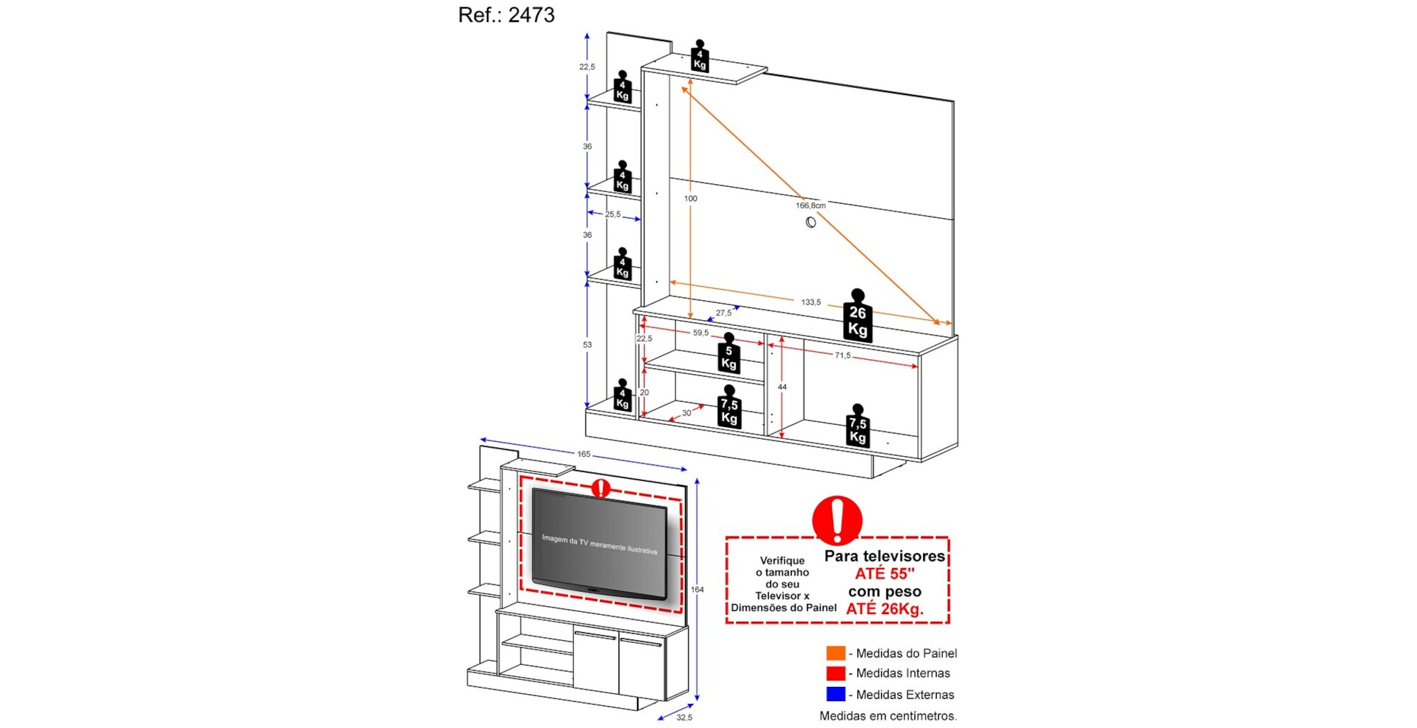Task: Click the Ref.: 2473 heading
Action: pyautogui.click(x=506, y=15)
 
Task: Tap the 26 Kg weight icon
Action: pyautogui.click(x=857, y=315)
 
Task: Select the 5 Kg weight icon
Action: pyautogui.click(x=728, y=353)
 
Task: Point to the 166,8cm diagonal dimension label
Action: pyautogui.click(x=811, y=205)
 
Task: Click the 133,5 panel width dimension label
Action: pyautogui.click(x=811, y=302)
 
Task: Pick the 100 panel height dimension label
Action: pyautogui.click(x=691, y=199)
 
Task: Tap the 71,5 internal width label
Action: pyautogui.click(x=842, y=356)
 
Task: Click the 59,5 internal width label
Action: pyautogui.click(x=701, y=333)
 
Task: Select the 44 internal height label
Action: pyautogui.click(x=782, y=387)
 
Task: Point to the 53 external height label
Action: pyautogui.click(x=587, y=345)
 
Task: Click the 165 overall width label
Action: pyautogui.click(x=584, y=454)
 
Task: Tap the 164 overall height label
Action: pyautogui.click(x=697, y=589)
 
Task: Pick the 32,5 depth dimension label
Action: pyautogui.click(x=684, y=717)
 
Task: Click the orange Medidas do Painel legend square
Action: pyautogui.click(x=836, y=653)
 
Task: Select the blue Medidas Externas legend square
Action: pyautogui.click(x=836, y=694)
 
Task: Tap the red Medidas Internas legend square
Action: pyautogui.click(x=836, y=673)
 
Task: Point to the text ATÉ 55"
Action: pyautogui.click(x=884, y=574)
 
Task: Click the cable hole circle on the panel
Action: pyautogui.click(x=811, y=222)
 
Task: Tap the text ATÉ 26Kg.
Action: pyautogui.click(x=885, y=609)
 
